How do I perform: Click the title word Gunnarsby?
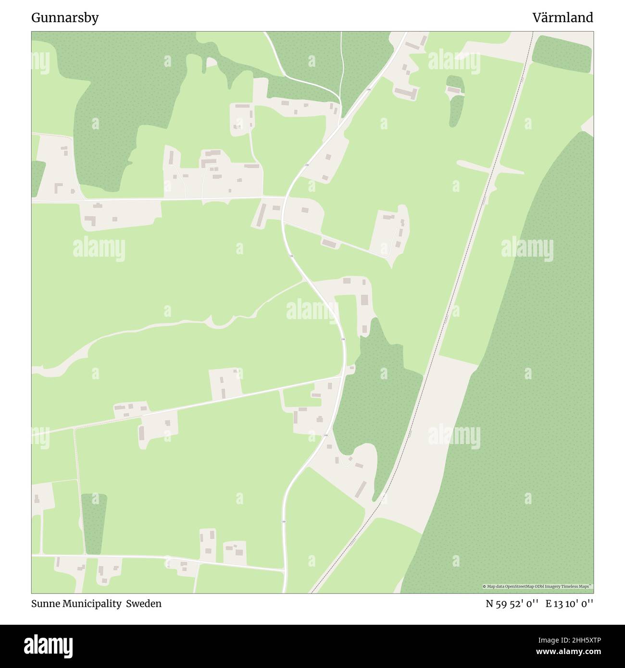[65, 18]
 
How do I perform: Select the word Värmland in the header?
[562, 18]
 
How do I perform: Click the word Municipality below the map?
[92, 604]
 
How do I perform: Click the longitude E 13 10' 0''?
[569, 604]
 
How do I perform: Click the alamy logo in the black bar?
[50, 645]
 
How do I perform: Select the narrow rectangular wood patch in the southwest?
[93, 524]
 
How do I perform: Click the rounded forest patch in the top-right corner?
[562, 54]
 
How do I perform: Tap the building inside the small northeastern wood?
[454, 90]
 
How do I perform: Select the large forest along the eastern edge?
[524, 384]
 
